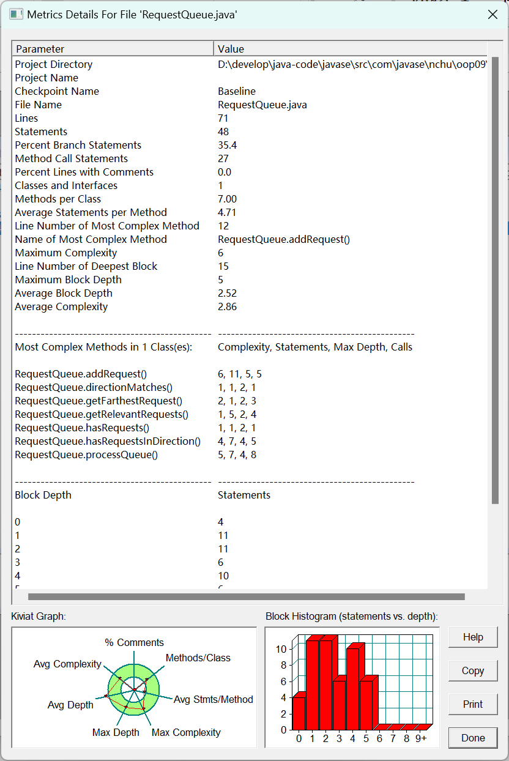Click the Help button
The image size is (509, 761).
click(x=473, y=637)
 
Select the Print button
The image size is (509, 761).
click(x=473, y=704)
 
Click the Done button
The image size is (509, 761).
click(x=473, y=738)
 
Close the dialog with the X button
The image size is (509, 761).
click(x=492, y=15)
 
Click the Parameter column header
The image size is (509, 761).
click(x=40, y=49)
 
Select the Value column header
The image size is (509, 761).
click(x=231, y=49)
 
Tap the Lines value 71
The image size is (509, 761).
click(x=223, y=118)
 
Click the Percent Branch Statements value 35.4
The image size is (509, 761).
click(x=227, y=145)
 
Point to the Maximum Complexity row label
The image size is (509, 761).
click(x=66, y=253)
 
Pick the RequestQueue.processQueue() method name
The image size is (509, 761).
click(x=86, y=455)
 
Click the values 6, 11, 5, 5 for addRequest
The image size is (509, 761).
click(x=240, y=374)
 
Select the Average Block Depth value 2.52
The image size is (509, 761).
click(x=227, y=293)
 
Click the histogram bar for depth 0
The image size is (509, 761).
click(x=299, y=713)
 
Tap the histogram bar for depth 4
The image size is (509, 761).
click(x=353, y=688)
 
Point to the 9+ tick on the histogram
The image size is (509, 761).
click(x=421, y=738)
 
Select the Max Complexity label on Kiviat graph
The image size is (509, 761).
click(x=186, y=732)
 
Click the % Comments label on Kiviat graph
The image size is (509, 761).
click(x=134, y=642)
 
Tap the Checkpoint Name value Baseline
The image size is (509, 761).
click(x=237, y=91)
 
